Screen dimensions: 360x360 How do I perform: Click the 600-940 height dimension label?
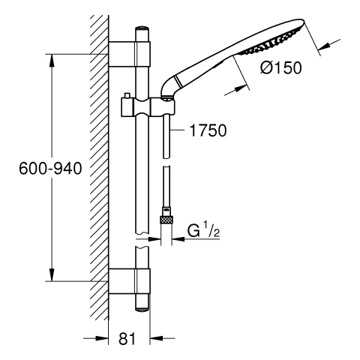pos(50,168)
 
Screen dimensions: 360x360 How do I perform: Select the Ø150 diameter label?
pos(280,67)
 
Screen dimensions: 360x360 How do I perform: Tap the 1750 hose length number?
pos(208,130)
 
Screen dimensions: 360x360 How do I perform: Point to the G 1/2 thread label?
pos(203,231)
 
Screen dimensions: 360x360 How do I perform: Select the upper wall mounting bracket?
pos(129,54)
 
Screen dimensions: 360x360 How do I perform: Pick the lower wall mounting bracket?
pos(129,281)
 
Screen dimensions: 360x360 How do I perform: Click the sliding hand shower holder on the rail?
pos(148,107)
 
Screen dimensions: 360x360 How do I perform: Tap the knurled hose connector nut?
pos(166,220)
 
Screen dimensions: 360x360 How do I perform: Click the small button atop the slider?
pos(127,96)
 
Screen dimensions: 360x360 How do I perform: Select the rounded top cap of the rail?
pos(142,28)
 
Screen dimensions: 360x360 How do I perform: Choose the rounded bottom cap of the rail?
pos(142,309)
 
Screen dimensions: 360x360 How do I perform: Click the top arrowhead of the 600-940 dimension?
pos(52,60)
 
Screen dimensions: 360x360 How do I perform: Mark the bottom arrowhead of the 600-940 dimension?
pos(52,275)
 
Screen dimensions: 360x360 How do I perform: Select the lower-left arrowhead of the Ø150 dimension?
pos(241,88)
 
